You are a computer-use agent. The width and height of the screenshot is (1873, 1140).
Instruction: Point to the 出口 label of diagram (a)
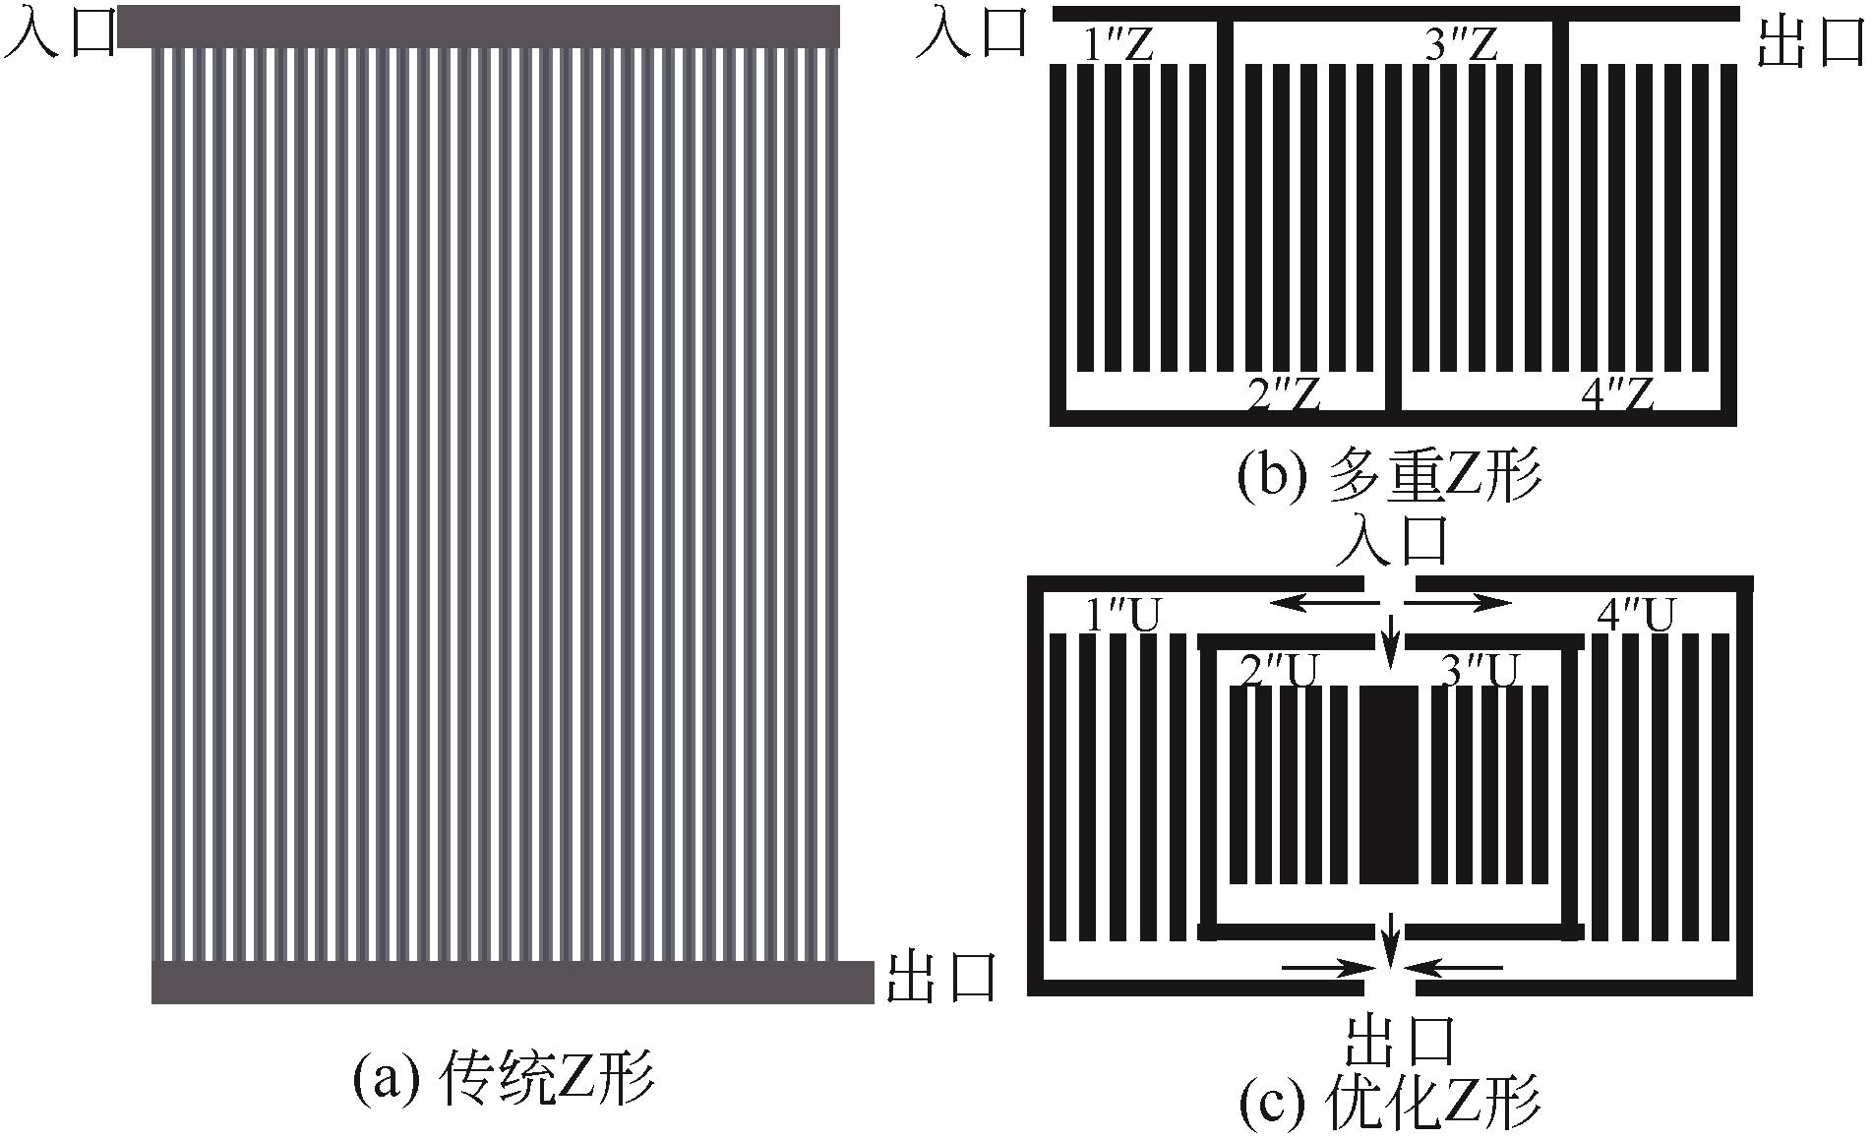coord(941,979)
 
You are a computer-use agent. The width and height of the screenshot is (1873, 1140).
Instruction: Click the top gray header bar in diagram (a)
coord(478,27)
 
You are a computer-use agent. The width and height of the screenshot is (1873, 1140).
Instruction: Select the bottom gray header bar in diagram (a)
coord(512,982)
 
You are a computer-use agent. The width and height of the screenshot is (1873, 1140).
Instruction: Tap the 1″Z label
coord(1118,45)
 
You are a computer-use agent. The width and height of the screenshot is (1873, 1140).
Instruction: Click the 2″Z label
coord(1281,394)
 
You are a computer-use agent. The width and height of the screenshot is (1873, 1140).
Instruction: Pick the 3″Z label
coord(1461,44)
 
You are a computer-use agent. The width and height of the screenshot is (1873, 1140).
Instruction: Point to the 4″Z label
coord(1615,394)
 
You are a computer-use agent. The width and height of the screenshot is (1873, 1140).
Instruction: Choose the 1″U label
coord(1122,617)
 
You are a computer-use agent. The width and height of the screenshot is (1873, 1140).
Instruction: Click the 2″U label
coord(1276,672)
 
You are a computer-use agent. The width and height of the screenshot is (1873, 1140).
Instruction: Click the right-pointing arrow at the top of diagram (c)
coord(1464,601)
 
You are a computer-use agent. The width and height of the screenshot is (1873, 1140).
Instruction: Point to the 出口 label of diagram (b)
coord(1810,45)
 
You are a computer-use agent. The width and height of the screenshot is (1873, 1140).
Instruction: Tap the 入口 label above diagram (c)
coord(1392,540)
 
